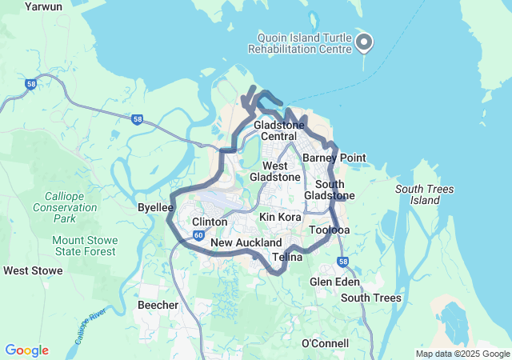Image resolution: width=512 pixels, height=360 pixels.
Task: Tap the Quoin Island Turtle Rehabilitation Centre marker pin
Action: click(x=364, y=42)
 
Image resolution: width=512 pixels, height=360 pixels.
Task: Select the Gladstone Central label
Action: click(x=278, y=131)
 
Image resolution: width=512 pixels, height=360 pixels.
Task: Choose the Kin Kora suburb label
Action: click(x=280, y=217)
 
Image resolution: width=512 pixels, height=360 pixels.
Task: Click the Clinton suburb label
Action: click(x=210, y=222)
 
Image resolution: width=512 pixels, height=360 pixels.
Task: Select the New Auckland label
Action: click(x=246, y=242)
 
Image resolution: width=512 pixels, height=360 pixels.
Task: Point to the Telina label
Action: click(x=287, y=258)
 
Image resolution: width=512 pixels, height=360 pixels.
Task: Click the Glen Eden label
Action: click(x=334, y=282)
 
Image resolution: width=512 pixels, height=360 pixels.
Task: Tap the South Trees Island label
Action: click(x=425, y=194)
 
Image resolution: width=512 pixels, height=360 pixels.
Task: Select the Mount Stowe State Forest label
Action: click(x=85, y=246)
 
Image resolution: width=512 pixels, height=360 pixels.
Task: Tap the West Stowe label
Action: click(x=33, y=270)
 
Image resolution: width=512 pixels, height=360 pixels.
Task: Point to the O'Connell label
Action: click(x=325, y=343)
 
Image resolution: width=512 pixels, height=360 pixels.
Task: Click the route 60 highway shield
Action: click(x=198, y=236)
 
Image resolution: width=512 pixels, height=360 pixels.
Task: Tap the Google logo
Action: click(x=26, y=350)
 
